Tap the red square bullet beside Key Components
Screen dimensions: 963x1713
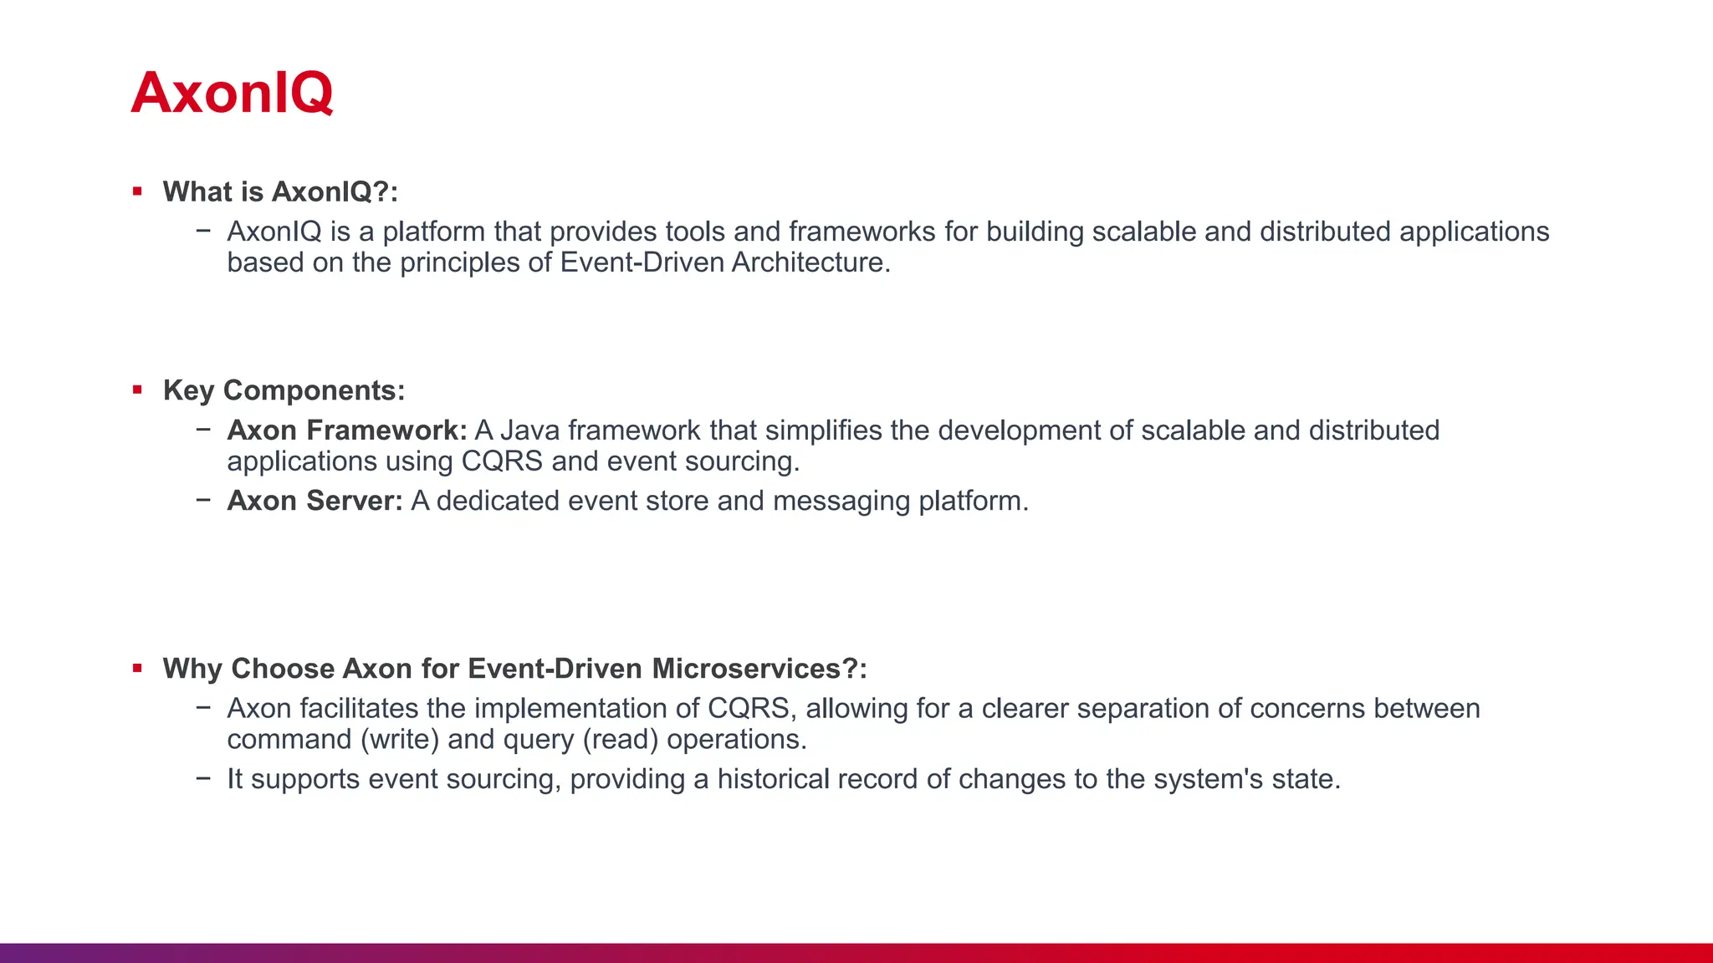(x=137, y=390)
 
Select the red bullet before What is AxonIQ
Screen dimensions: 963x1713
(x=137, y=191)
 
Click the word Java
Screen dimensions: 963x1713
(x=529, y=431)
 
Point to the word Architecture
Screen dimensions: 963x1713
(x=810, y=262)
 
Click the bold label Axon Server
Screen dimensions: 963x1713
(x=315, y=501)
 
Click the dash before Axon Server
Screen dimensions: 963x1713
(x=203, y=500)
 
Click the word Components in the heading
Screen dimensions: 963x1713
(x=314, y=391)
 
